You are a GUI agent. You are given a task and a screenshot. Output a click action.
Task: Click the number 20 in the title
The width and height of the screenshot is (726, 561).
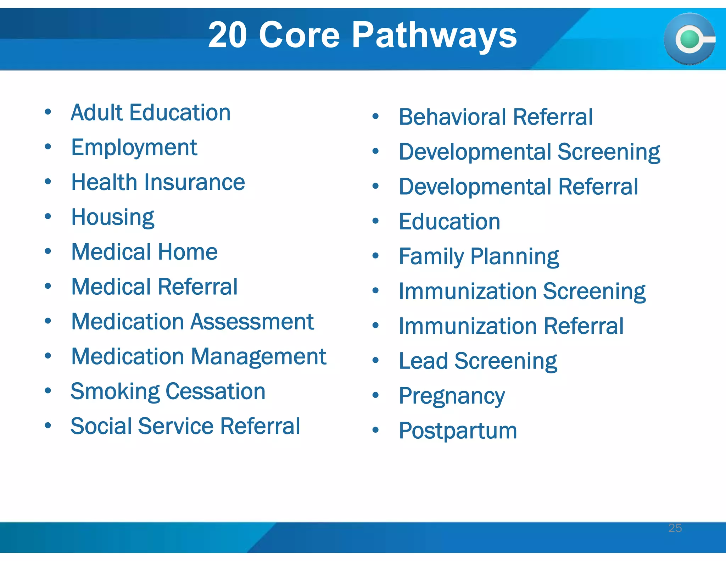[227, 35]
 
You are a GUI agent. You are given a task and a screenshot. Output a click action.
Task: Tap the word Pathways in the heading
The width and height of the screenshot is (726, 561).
[434, 35]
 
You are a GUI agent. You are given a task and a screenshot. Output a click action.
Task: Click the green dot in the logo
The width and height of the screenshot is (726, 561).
[689, 39]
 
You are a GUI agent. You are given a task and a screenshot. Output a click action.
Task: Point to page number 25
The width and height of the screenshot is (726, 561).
[675, 528]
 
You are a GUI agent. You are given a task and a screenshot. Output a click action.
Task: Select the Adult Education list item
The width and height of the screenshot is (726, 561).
[151, 113]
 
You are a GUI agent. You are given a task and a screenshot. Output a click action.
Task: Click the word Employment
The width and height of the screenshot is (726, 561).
[134, 148]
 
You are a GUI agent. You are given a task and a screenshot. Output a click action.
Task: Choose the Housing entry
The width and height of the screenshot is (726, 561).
[113, 217]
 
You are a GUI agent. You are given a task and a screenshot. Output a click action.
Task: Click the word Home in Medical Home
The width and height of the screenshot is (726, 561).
[188, 252]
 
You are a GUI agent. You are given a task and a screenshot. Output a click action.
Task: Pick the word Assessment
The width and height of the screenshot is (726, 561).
[252, 322]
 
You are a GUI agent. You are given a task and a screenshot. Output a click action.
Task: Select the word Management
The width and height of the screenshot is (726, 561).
[258, 356]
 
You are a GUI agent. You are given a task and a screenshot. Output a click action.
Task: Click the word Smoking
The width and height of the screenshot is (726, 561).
[115, 391]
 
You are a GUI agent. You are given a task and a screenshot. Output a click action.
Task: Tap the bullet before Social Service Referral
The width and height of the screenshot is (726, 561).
[48, 425]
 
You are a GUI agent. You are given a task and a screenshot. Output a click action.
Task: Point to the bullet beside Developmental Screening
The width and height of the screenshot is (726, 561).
[376, 151]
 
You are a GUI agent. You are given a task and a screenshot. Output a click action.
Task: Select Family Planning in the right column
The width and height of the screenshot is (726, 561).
[479, 256]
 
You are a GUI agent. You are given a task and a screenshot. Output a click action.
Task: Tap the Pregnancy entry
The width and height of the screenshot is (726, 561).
[452, 396]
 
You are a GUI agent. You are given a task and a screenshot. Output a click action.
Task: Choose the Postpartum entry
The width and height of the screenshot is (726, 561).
[458, 431]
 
